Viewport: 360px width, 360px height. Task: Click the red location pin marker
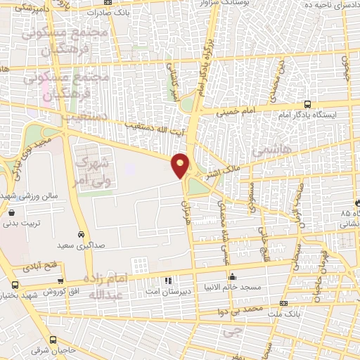[181, 166]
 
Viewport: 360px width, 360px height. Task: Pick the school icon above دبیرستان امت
[168, 281]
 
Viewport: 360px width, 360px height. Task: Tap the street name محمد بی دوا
[243, 309]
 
